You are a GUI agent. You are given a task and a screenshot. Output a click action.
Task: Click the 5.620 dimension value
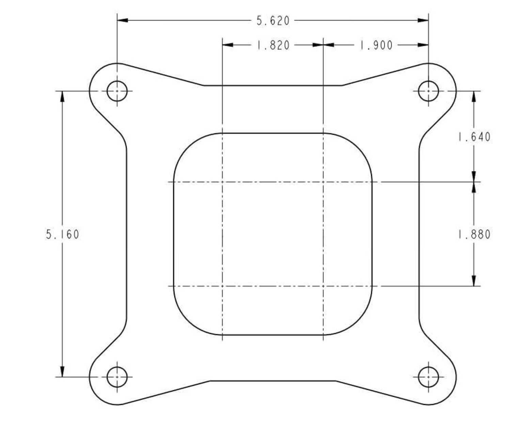(273, 21)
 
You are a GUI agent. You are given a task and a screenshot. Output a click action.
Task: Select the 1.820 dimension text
(273, 45)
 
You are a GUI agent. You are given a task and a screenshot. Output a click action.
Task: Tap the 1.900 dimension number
(376, 45)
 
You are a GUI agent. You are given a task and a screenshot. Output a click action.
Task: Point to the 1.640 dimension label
(474, 137)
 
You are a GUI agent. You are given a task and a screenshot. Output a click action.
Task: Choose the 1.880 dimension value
(474, 235)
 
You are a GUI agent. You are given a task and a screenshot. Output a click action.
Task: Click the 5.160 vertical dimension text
(62, 234)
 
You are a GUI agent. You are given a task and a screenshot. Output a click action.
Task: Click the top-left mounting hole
(117, 91)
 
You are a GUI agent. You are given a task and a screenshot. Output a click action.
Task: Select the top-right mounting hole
(428, 91)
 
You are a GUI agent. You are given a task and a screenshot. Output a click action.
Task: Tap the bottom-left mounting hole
(117, 377)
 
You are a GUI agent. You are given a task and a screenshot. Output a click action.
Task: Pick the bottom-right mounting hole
(428, 377)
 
